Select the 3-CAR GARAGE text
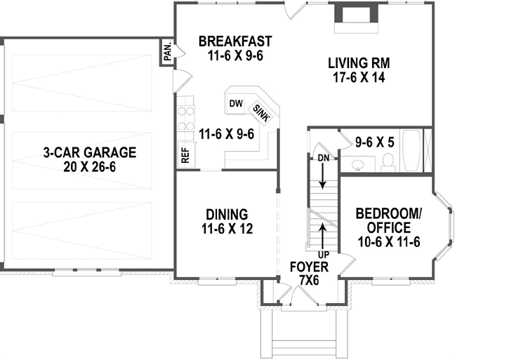[88, 152]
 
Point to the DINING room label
[226, 214]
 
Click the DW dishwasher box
[236, 105]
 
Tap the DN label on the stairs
[322, 158]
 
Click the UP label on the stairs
[322, 253]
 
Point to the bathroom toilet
[387, 161]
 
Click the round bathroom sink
[357, 164]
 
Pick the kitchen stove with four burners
[186, 118]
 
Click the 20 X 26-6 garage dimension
[88, 167]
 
